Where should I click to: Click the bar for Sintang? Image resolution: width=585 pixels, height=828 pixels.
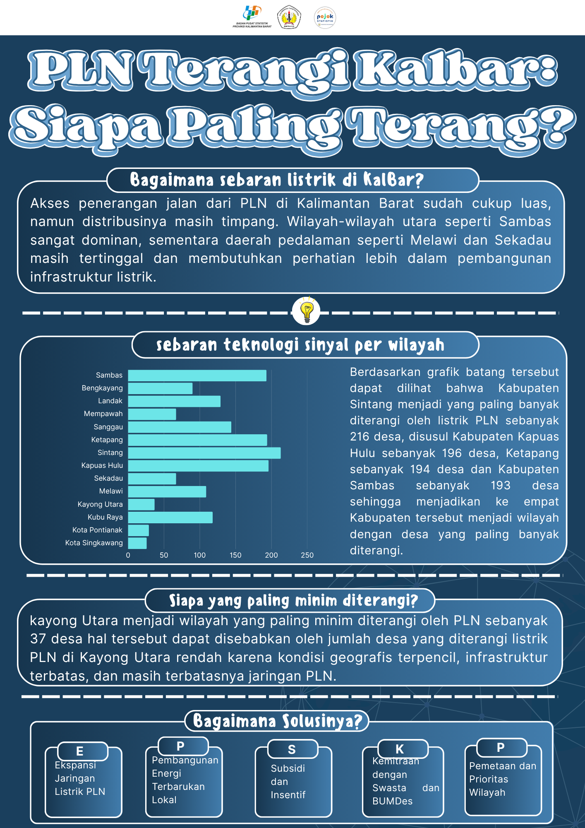[x=204, y=453]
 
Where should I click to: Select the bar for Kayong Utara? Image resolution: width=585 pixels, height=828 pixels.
[x=141, y=504]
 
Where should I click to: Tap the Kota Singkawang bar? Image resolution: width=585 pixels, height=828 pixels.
[x=137, y=543]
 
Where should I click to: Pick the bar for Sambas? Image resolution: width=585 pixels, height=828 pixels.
[x=197, y=375]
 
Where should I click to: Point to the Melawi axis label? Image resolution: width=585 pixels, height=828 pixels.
[x=111, y=491]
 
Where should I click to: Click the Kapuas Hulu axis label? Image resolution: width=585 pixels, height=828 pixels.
[x=102, y=465]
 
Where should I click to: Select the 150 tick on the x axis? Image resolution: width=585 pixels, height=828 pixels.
[x=235, y=555]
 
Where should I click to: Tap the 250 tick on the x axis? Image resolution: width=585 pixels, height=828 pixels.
[x=307, y=555]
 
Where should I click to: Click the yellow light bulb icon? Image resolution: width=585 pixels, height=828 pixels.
[x=306, y=311]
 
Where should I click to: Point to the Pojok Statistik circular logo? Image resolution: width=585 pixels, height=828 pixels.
[x=325, y=18]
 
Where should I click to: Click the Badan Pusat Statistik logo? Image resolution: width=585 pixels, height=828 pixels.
[x=252, y=17]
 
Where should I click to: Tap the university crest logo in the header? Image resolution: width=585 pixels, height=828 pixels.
[x=289, y=17]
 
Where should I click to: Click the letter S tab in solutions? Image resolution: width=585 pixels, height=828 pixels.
[x=292, y=749]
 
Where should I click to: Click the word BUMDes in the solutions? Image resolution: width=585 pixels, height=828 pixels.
[x=392, y=801]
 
